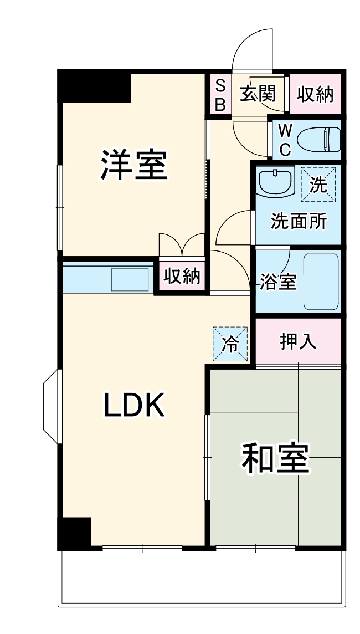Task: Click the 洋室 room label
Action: point(134,165)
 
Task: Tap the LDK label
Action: point(134,406)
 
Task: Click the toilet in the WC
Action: point(318,139)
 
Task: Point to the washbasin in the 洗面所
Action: point(276,181)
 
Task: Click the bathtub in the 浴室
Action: point(321,282)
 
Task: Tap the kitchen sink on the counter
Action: point(130,279)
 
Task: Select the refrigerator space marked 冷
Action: point(230,344)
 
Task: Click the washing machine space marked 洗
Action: point(318,183)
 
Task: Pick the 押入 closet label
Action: point(298,342)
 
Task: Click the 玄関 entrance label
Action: point(258,94)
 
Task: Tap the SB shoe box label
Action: point(220,94)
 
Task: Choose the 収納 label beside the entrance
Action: point(315,94)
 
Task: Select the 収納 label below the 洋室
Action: point(181,275)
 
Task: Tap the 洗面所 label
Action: point(298,222)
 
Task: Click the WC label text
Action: point(285,139)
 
